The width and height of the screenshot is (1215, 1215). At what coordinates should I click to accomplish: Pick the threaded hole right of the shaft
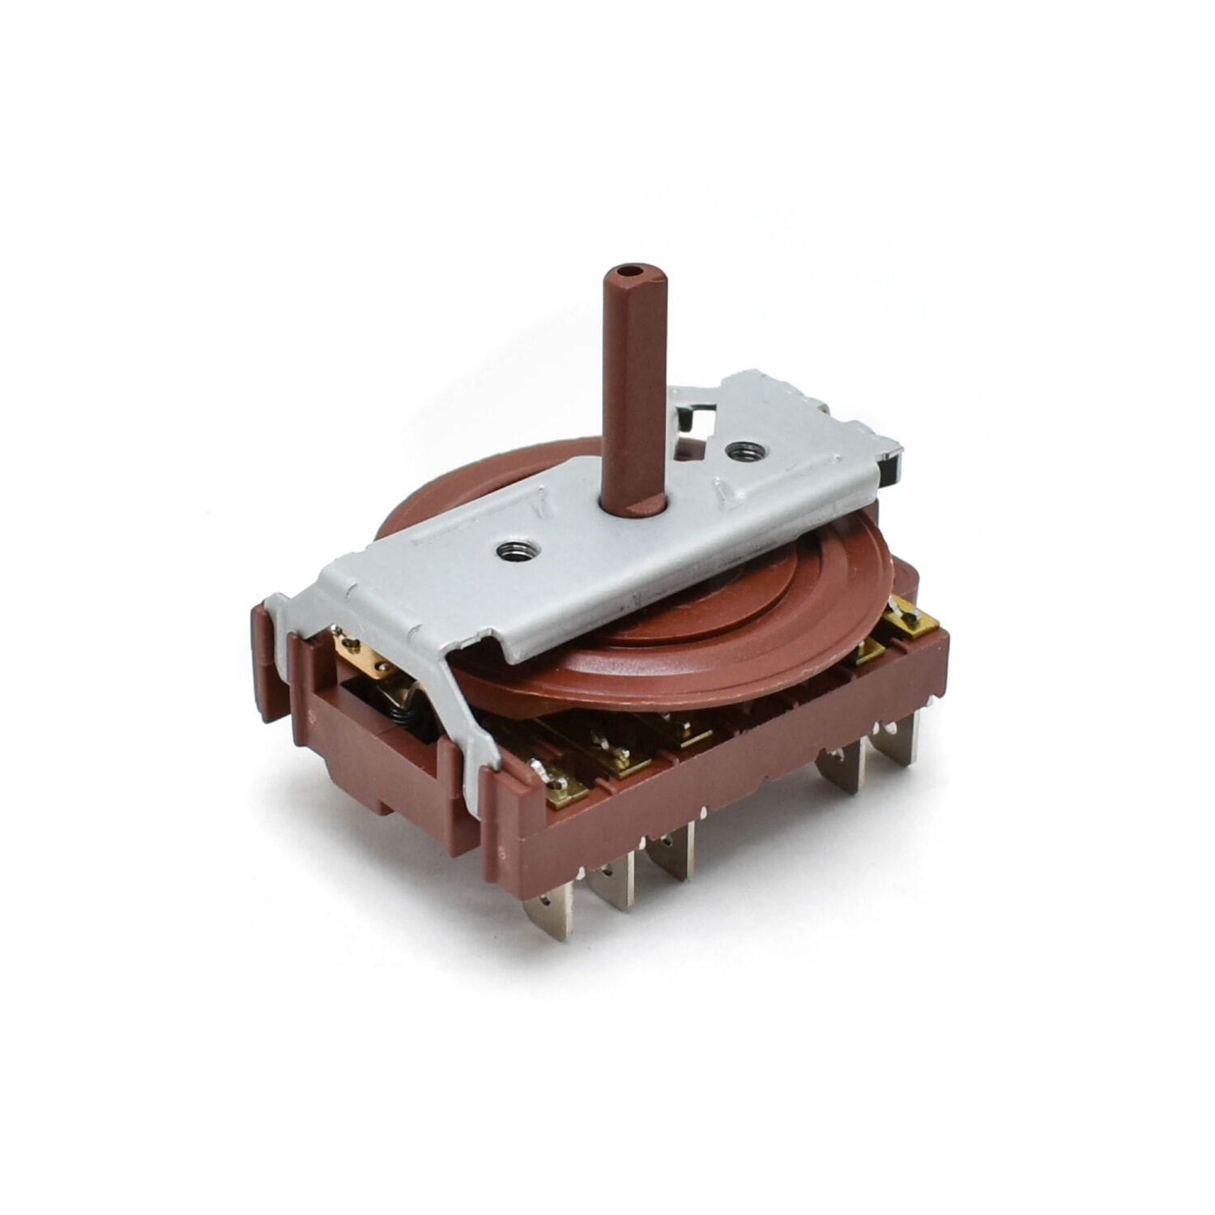click(737, 450)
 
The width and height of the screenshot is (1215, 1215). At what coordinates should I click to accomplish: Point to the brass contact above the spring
click(356, 648)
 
